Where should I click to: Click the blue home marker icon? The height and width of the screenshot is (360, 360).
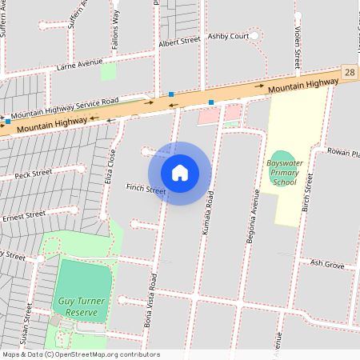pyautogui.click(x=180, y=172)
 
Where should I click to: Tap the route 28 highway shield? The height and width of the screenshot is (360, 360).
pyautogui.click(x=350, y=73)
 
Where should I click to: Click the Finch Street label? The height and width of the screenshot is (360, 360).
pyautogui.click(x=146, y=190)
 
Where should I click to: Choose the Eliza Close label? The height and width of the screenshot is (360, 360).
pyautogui.click(x=111, y=170)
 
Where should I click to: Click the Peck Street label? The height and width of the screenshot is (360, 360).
pyautogui.click(x=33, y=173)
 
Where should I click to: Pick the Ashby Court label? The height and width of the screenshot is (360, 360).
pyautogui.click(x=228, y=36)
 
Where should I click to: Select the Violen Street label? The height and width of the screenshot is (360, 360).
pyautogui.click(x=296, y=46)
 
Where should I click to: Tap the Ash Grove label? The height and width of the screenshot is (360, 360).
pyautogui.click(x=327, y=263)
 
